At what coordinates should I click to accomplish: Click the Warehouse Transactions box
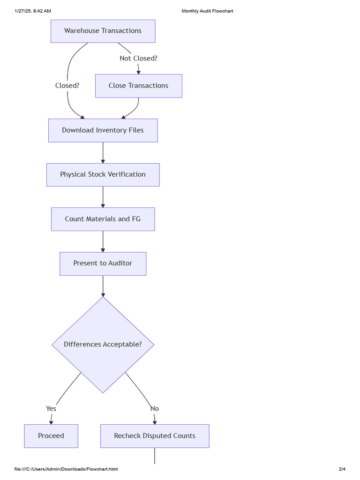103,31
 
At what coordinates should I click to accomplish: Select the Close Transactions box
138,86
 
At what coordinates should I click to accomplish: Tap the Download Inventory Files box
103,130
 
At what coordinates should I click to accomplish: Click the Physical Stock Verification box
103,174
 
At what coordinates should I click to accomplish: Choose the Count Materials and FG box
103,219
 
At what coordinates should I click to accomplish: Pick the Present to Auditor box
103,263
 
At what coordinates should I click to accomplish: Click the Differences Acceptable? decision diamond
103,345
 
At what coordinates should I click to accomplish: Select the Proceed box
51,436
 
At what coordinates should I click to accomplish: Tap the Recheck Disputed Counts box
155,436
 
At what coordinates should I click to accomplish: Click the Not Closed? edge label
138,59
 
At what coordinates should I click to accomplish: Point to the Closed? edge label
67,86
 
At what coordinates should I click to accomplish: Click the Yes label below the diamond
51,409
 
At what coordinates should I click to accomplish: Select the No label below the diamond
155,409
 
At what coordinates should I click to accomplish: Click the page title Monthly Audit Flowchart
207,11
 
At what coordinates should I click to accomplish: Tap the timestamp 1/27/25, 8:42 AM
33,11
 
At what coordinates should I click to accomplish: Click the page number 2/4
342,469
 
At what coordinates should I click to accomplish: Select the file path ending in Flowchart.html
66,469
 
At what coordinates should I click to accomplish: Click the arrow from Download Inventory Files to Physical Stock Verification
103,152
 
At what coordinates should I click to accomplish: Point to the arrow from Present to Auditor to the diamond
103,286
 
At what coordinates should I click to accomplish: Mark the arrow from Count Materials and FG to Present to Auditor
103,241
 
